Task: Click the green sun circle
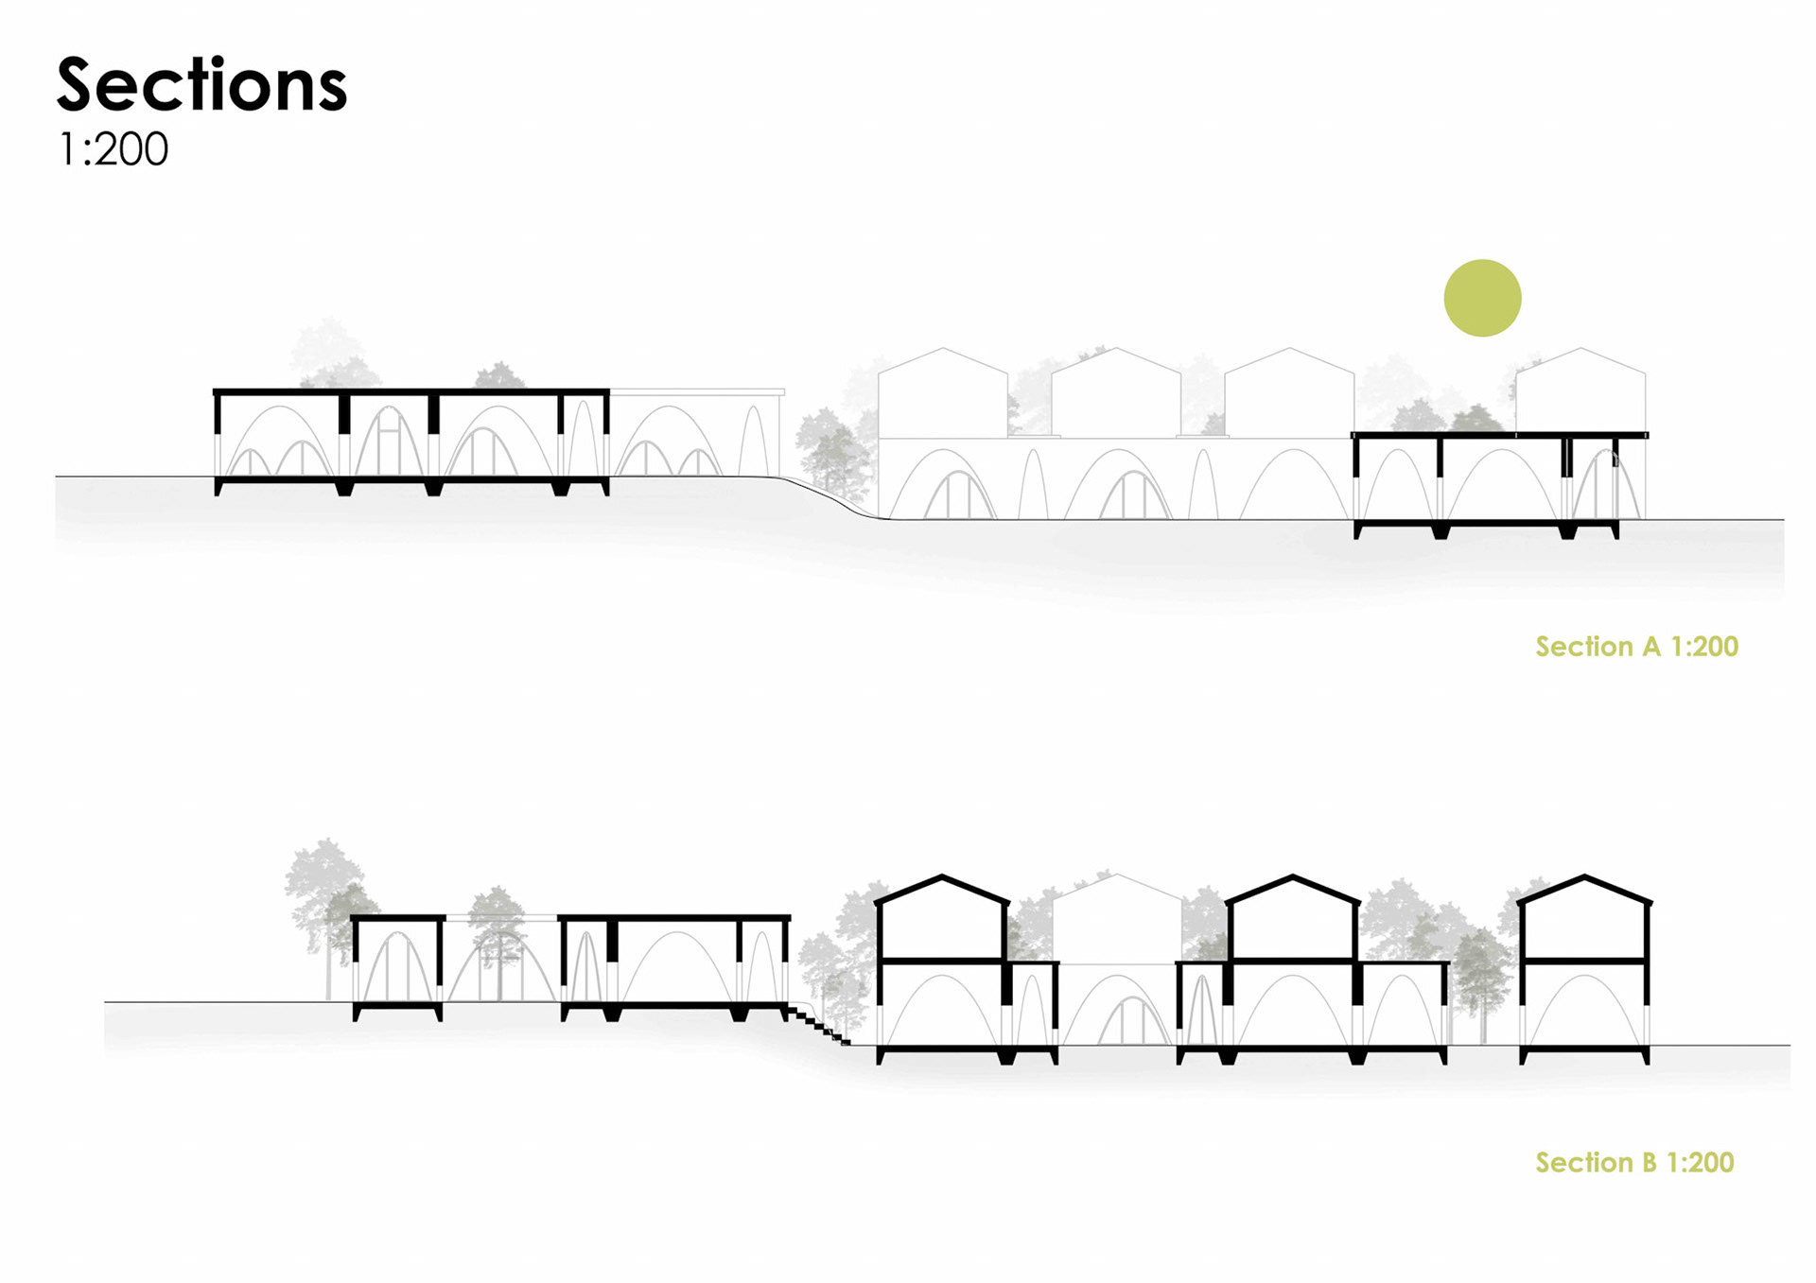coord(1482,298)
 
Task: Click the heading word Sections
coord(201,85)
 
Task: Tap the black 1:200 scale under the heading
coord(113,149)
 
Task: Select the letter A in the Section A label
coord(1651,647)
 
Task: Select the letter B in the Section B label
coord(1649,1163)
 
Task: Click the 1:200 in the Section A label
coord(1704,647)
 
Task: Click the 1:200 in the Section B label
coord(1701,1163)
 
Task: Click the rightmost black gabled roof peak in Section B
coord(1584,878)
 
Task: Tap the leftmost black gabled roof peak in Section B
coord(942,878)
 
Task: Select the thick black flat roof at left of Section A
coord(410,391)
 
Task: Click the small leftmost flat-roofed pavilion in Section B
coord(397,964)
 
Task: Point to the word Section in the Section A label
coord(1584,647)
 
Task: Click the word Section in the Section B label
coord(1584,1163)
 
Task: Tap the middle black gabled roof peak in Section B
coord(1293,878)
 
